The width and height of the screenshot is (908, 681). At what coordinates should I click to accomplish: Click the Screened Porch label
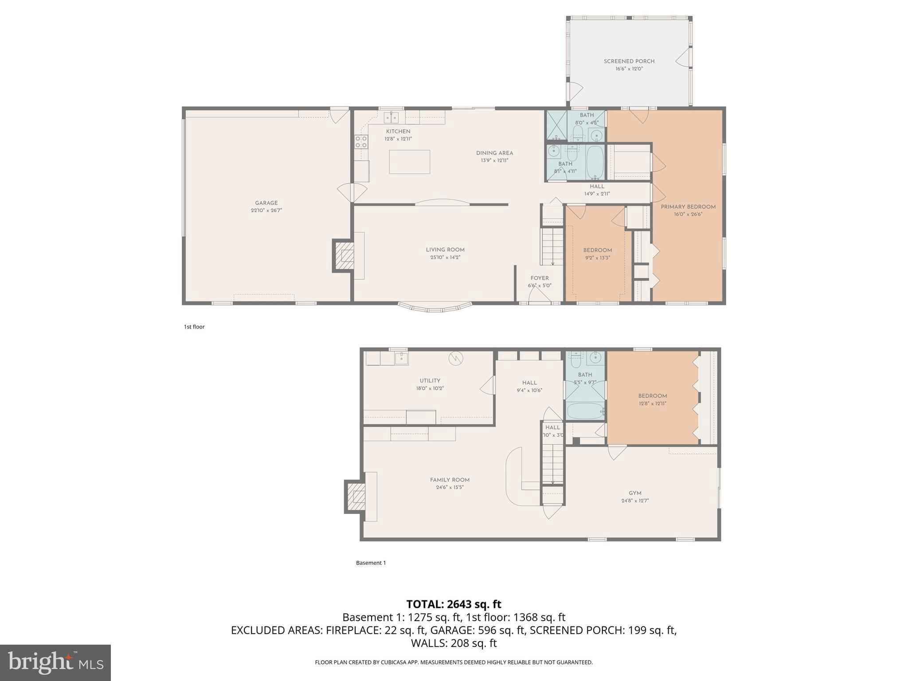tap(629, 61)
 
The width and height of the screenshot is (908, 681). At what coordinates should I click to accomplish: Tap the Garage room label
tap(266, 203)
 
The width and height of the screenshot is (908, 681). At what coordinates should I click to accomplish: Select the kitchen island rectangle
tap(409, 162)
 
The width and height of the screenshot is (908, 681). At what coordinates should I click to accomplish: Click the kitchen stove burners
tap(361, 142)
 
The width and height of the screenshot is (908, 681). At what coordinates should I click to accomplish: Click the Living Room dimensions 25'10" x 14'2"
tap(445, 257)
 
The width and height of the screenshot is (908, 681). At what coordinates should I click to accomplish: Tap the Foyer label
tap(539, 278)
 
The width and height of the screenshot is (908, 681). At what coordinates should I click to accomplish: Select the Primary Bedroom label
tap(688, 207)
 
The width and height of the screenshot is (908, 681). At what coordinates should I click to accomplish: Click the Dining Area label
tap(494, 153)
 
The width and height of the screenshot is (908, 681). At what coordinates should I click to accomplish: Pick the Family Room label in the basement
tap(450, 480)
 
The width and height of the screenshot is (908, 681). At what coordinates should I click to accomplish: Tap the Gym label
tap(635, 493)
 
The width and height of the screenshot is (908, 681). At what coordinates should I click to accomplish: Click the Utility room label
tap(430, 380)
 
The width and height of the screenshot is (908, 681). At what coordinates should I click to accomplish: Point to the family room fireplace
tap(356, 497)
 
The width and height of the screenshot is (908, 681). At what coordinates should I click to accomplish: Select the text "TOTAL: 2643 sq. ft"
tap(454, 604)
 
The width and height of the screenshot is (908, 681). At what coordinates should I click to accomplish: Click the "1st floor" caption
tap(194, 327)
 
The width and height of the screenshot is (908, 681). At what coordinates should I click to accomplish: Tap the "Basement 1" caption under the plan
tap(371, 563)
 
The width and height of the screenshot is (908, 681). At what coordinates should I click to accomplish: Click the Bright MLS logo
tap(55, 662)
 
